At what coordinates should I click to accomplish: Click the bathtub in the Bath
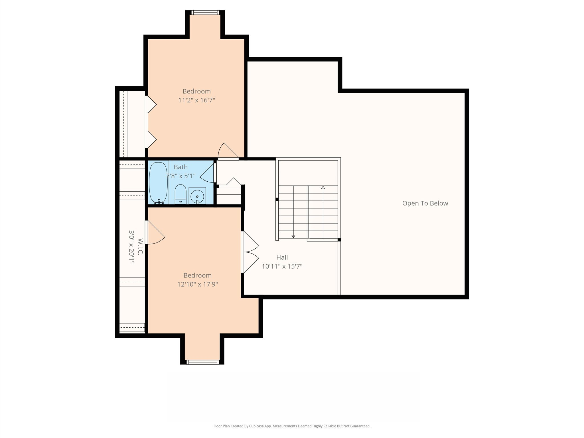pos(158,183)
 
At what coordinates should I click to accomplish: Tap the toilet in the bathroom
pos(180,194)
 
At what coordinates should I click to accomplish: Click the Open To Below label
pos(425,203)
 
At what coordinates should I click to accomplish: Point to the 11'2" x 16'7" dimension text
pos(196,100)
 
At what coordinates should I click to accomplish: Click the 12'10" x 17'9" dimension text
pos(197,284)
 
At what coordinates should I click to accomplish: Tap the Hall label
pos(282,257)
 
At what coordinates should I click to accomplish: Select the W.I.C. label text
pos(140,247)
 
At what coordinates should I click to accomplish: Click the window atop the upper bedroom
pos(205,13)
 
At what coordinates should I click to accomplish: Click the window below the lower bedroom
pos(203,362)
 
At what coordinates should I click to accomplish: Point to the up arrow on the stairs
pos(323,188)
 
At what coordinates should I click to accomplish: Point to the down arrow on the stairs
pos(293,236)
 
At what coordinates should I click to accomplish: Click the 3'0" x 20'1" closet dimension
pos(131,247)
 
